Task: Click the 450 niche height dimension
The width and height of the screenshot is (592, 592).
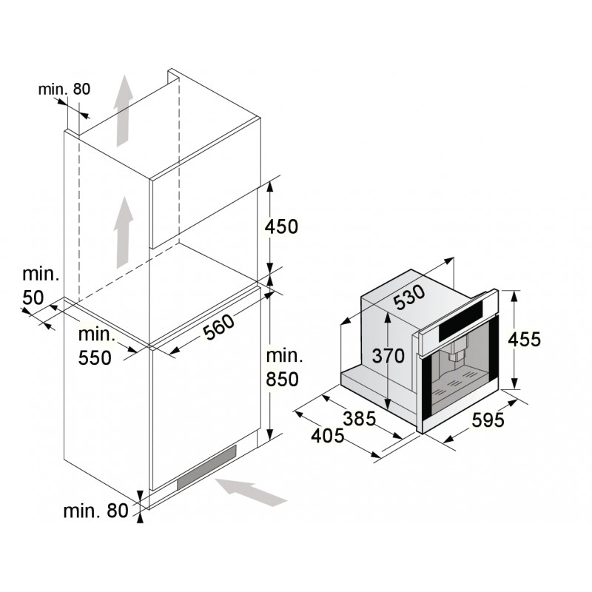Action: (281, 226)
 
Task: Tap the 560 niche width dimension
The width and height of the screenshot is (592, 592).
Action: (219, 327)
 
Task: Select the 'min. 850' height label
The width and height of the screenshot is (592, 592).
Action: (284, 367)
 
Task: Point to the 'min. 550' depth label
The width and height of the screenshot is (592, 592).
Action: (96, 346)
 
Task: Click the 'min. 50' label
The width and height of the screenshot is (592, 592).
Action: (41, 286)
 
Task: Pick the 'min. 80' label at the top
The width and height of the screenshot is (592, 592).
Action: (64, 89)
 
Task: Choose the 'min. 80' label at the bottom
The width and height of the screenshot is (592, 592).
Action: (96, 511)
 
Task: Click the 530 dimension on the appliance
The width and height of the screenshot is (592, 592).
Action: (409, 297)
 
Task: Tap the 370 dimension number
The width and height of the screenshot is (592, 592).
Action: (388, 356)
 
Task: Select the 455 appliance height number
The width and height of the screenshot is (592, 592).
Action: (524, 339)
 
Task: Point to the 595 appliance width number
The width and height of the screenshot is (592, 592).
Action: (488, 420)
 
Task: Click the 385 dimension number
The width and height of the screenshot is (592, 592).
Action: (360, 418)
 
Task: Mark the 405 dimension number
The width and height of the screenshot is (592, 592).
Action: (328, 435)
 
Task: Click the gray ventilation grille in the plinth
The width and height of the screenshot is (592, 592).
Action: (207, 468)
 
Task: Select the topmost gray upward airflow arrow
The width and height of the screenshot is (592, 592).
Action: (124, 110)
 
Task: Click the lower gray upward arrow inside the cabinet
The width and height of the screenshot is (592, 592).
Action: (124, 232)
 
